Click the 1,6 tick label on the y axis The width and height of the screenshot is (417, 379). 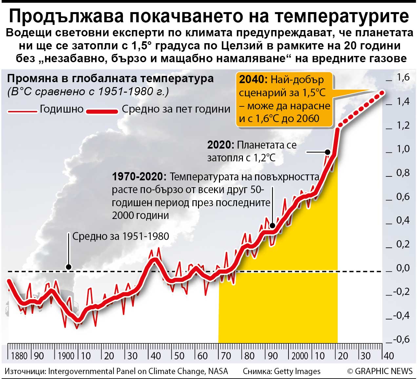(x=403, y=78)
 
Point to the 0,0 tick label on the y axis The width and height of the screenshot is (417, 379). (x=403, y=268)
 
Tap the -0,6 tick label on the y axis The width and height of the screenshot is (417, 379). (x=402, y=339)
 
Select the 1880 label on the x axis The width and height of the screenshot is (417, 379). (x=19, y=356)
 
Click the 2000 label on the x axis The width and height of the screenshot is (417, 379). (x=300, y=356)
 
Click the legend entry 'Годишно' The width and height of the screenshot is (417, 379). (x=62, y=109)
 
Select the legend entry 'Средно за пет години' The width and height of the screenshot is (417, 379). (x=176, y=109)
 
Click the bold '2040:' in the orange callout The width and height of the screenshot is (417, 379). (x=253, y=80)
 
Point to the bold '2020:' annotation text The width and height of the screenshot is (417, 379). (x=221, y=145)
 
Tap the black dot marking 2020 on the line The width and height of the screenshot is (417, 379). (x=327, y=152)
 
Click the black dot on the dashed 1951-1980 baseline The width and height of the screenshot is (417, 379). (x=69, y=267)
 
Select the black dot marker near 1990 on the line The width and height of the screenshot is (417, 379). (x=272, y=226)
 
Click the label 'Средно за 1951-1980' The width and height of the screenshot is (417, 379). (x=121, y=236)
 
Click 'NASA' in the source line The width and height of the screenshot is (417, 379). (x=218, y=371)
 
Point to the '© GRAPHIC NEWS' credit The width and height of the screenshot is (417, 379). (x=380, y=371)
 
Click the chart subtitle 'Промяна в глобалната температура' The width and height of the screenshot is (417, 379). (x=110, y=79)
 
